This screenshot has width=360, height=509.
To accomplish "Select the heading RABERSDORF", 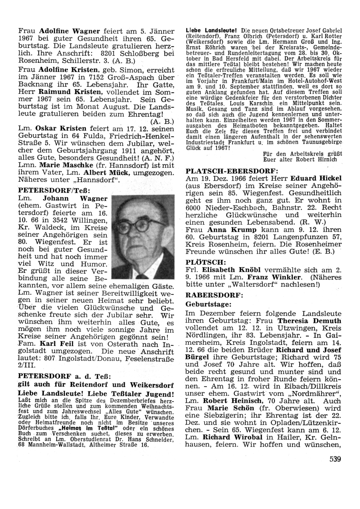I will [x=214, y=295].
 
